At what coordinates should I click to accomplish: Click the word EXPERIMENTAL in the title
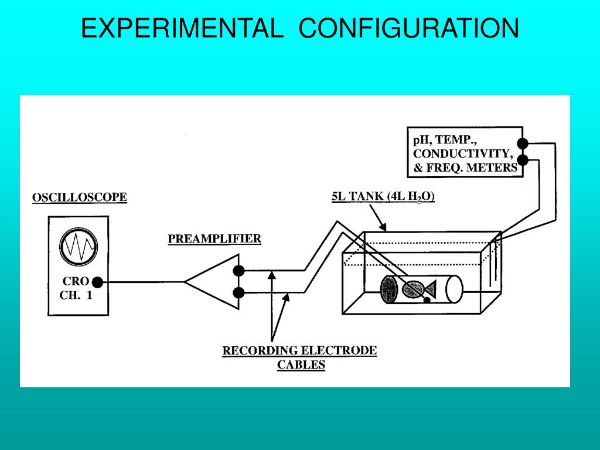[180, 29]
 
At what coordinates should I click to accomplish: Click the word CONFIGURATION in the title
[409, 29]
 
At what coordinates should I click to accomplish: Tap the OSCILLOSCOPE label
[80, 197]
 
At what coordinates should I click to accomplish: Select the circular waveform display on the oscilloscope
[79, 247]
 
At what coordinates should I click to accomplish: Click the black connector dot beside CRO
[98, 282]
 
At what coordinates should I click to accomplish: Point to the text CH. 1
[76, 296]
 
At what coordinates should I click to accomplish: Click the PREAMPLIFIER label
[214, 238]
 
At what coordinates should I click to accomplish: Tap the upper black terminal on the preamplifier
[238, 271]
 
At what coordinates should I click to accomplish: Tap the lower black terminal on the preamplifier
[238, 292]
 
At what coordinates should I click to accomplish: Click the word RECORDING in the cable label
[260, 351]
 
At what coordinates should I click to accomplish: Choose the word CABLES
[301, 365]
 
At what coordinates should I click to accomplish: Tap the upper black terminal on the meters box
[522, 144]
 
